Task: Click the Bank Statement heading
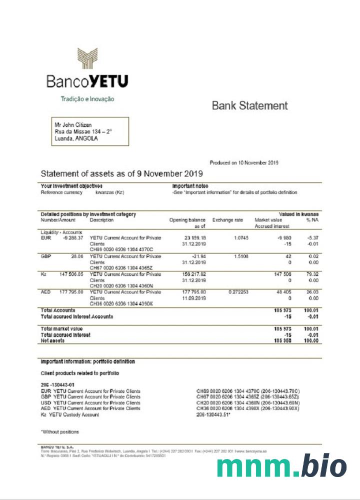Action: [249, 105]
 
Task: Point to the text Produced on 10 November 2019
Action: [244, 162]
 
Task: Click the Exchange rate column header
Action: [227, 220]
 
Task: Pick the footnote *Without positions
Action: [59, 431]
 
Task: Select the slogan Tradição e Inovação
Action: [87, 99]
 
